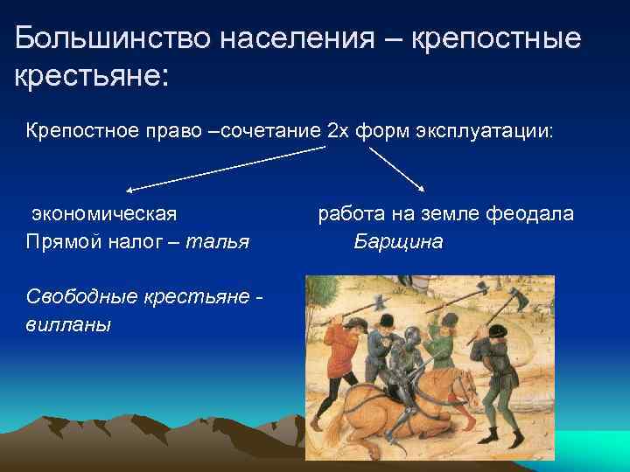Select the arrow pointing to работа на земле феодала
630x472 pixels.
click(397, 169)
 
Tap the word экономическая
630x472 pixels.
click(104, 214)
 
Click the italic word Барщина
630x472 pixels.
click(398, 241)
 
